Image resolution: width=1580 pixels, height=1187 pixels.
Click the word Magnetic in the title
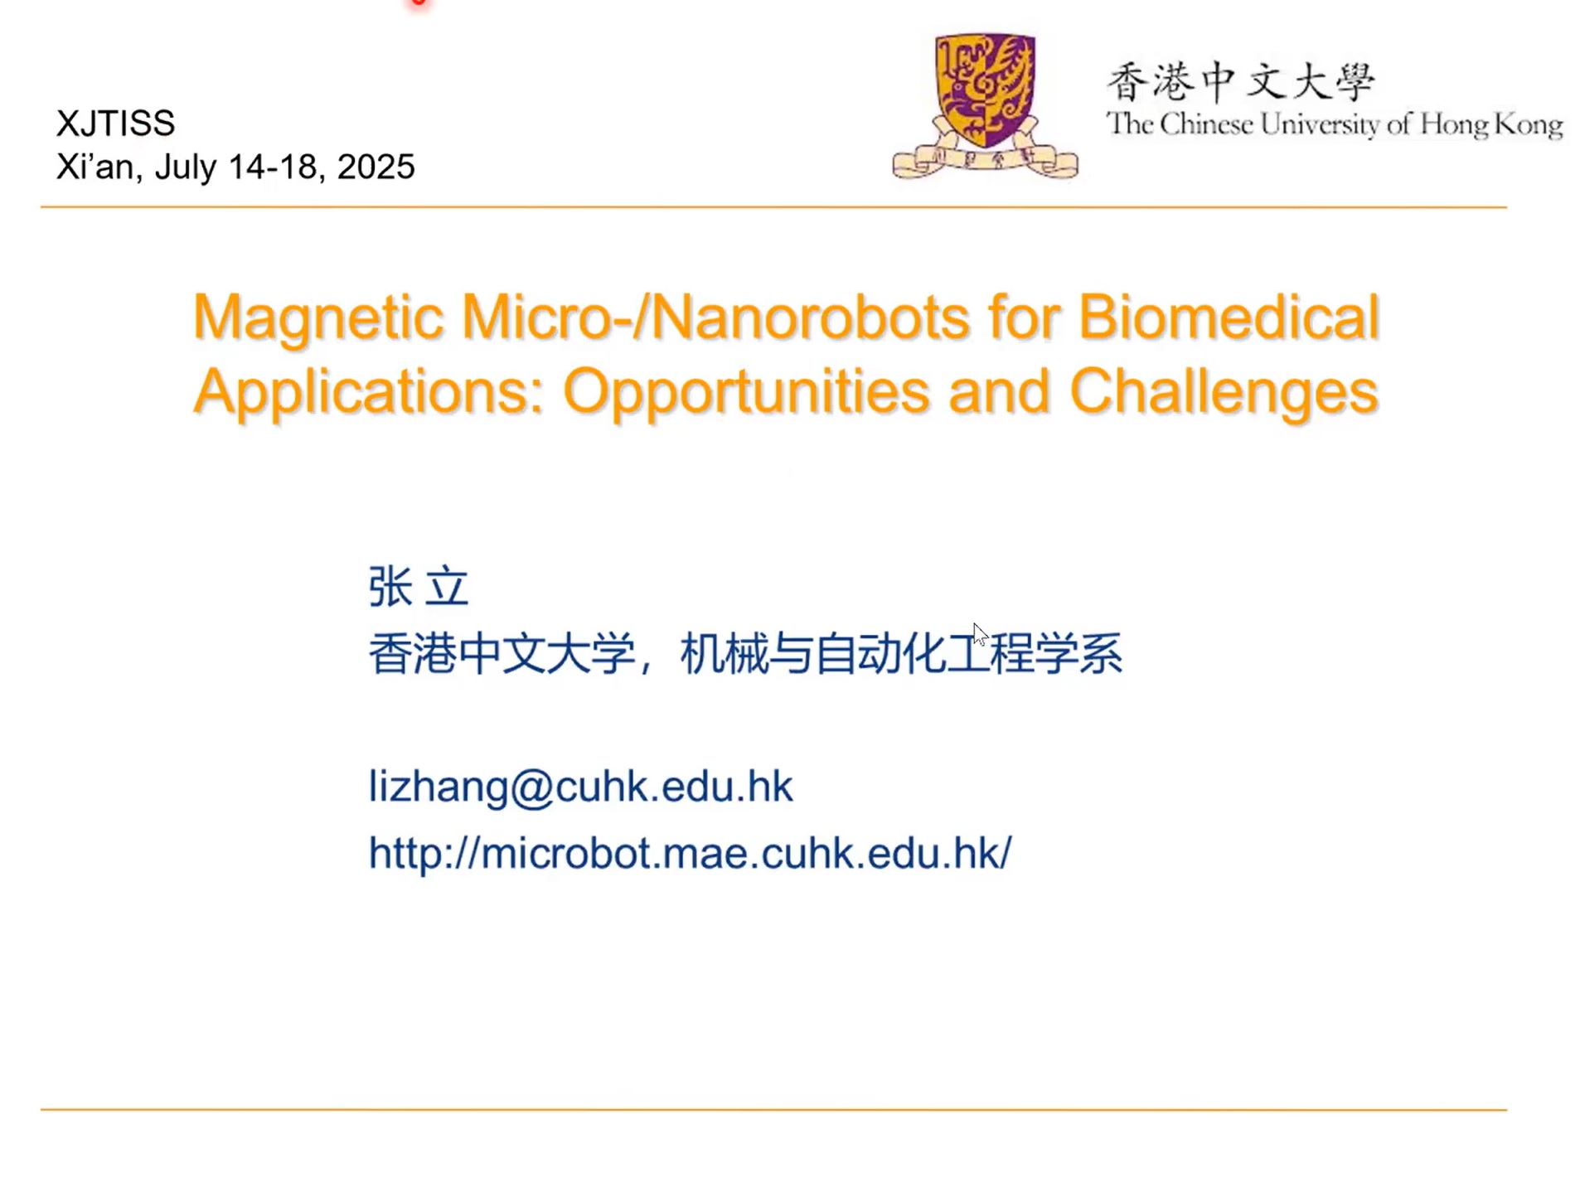click(317, 317)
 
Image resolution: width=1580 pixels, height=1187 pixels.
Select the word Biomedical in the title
click(1229, 317)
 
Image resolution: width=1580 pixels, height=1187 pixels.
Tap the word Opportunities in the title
click(745, 391)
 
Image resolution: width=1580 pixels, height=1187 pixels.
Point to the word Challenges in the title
click(1224, 391)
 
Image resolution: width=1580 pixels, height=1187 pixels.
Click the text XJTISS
click(115, 124)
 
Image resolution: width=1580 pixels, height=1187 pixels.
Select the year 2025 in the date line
click(376, 167)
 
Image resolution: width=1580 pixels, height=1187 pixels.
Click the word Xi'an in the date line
click(95, 167)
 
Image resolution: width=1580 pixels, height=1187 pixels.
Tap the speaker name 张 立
click(419, 587)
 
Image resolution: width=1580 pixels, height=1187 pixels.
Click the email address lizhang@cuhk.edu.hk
click(580, 785)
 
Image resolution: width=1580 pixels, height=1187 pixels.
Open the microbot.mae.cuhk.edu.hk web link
click(690, 852)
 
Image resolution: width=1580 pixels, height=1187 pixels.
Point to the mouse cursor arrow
click(980, 634)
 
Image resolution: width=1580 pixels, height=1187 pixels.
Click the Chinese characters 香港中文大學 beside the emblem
click(1240, 82)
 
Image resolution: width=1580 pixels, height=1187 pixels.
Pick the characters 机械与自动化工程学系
click(901, 653)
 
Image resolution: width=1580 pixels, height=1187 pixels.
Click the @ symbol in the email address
click(531, 787)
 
